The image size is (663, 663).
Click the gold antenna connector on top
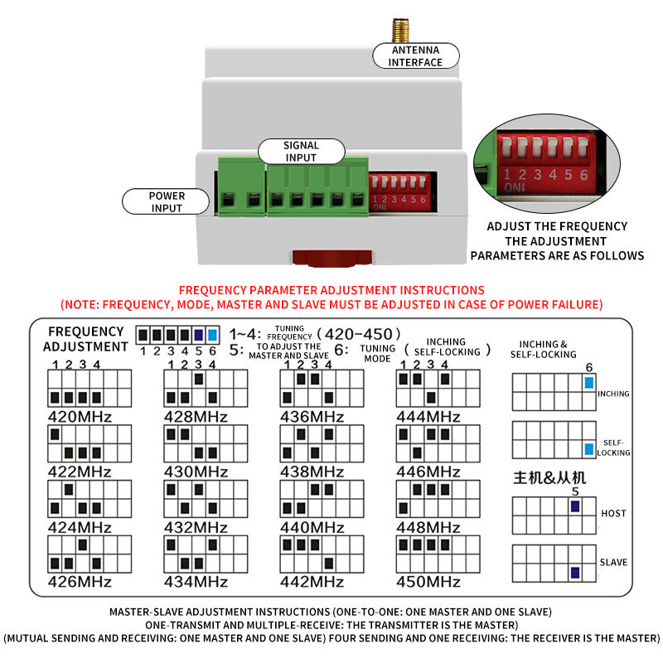pos(400,31)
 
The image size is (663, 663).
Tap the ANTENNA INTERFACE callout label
pos(416,56)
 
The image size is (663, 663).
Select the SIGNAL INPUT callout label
pos(301,152)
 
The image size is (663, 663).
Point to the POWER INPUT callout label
pos(167,201)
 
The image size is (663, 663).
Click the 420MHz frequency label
pos(80,417)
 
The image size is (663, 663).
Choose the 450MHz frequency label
pos(428,582)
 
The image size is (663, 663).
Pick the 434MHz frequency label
pos(196,582)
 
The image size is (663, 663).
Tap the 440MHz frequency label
pos(312,527)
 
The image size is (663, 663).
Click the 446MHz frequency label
pos(428,472)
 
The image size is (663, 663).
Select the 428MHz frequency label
pos(196,417)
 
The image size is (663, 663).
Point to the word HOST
pos(613,513)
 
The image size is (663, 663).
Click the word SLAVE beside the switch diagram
pos(613,563)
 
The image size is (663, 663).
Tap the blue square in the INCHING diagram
pos(589,383)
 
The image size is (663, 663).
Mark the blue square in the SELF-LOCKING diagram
pos(589,449)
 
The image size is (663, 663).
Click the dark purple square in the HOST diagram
pos(575,506)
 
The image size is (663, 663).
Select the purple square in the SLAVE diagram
pos(575,573)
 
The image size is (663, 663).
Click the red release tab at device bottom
pos(332,259)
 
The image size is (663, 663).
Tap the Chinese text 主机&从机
pos(549,478)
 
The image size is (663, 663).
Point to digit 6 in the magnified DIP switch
pos(584,175)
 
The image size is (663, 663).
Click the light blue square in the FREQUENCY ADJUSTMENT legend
pos(213,336)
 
